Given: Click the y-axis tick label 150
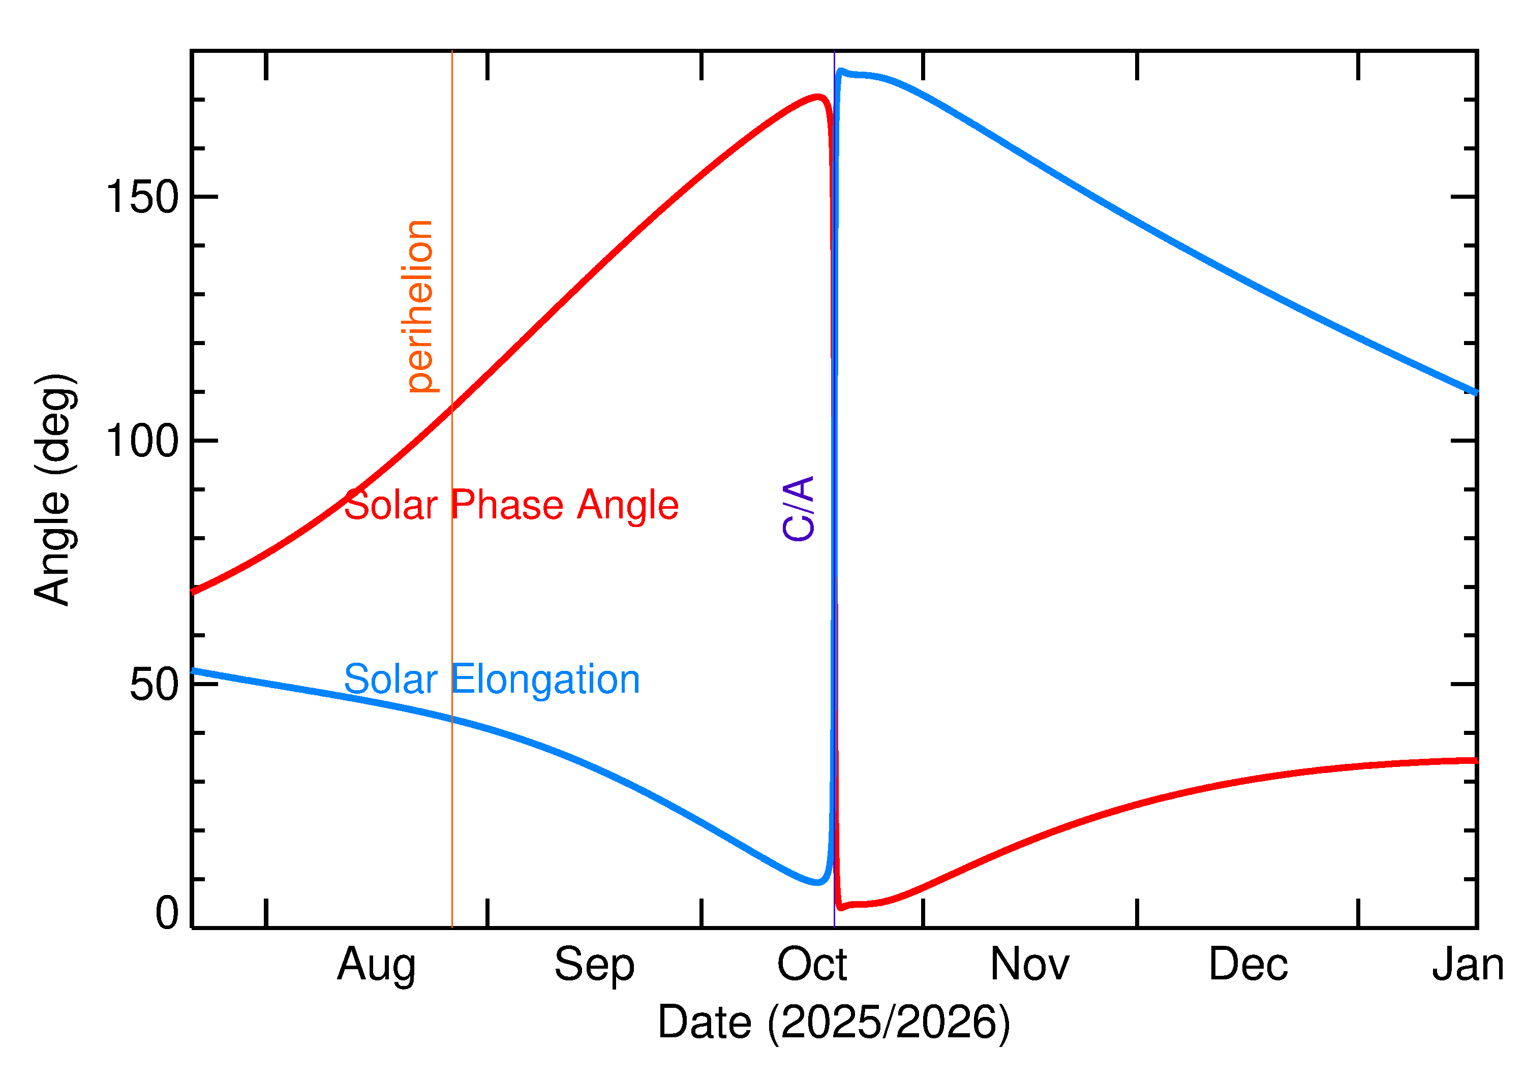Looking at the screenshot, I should (142, 198).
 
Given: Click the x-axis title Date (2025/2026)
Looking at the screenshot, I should (833, 1022).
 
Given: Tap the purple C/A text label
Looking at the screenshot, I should (799, 508).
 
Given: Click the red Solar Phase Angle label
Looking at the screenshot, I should (511, 505).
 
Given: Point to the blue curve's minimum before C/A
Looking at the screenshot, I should (817, 882).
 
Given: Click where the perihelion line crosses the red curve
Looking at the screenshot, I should (452, 408).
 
